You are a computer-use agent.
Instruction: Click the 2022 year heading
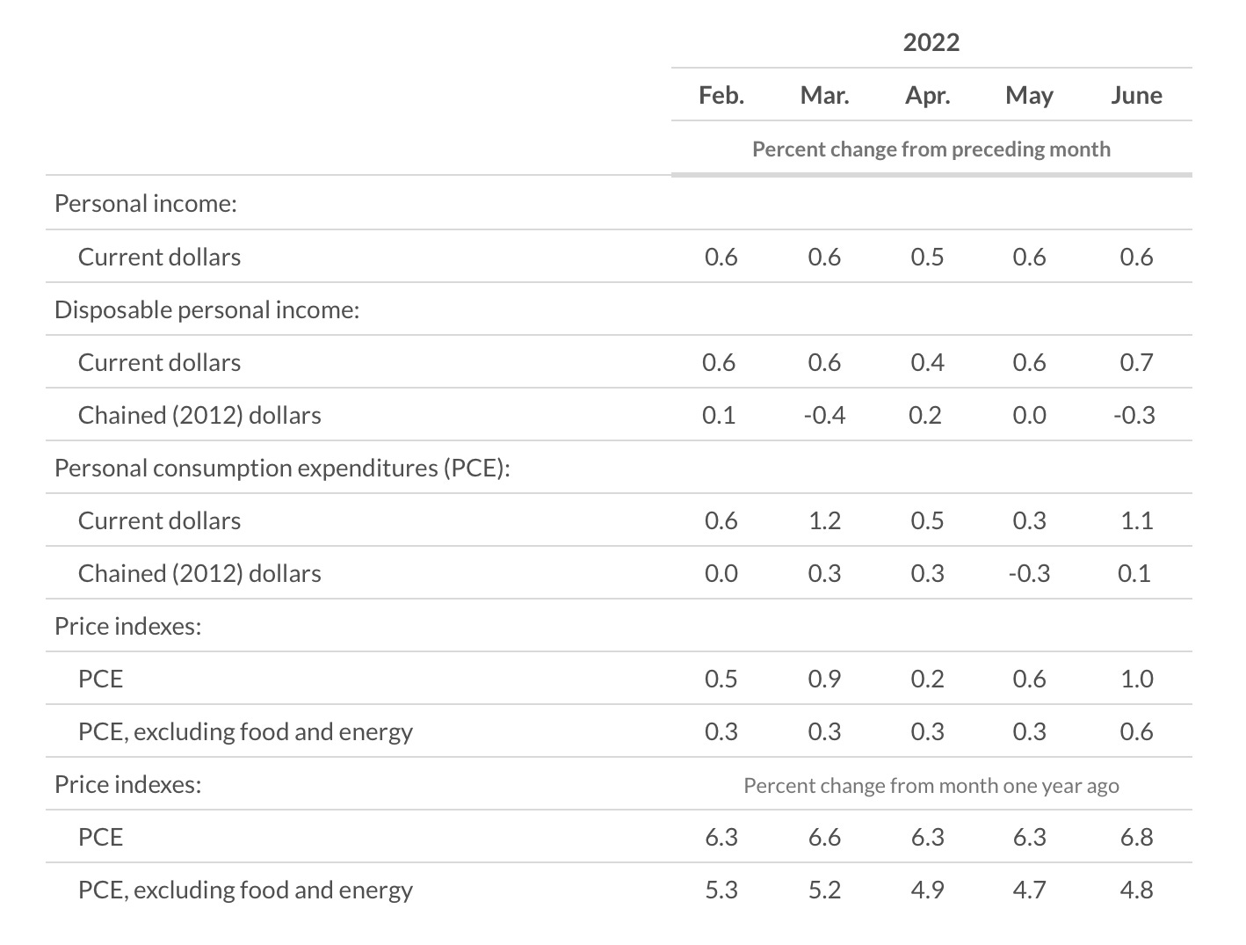coord(931,42)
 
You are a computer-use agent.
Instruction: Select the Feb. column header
coord(721,95)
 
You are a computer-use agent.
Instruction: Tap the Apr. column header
coord(927,95)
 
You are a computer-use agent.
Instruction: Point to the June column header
coord(1135,95)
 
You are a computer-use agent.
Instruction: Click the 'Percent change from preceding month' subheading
coord(931,149)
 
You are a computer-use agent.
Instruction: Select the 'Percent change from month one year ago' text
coord(931,785)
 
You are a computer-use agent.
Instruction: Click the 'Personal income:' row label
coord(146,203)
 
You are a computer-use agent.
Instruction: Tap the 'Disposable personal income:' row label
coord(206,309)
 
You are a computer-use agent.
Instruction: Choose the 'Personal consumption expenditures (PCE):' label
coord(282,468)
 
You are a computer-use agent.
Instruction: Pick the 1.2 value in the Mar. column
coord(824,520)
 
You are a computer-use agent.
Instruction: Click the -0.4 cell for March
coord(824,415)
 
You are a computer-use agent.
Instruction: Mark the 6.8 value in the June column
coord(1135,837)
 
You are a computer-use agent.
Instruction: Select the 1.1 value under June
coord(1135,520)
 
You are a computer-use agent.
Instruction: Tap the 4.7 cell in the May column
coord(1029,890)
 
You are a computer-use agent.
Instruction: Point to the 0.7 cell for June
coord(1135,362)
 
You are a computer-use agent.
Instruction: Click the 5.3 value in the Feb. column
coord(721,890)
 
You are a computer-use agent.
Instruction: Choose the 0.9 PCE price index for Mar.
coord(824,679)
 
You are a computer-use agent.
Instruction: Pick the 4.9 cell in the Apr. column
coord(927,890)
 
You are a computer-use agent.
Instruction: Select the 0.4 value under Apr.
coord(927,362)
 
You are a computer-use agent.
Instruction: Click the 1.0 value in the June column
coord(1135,679)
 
